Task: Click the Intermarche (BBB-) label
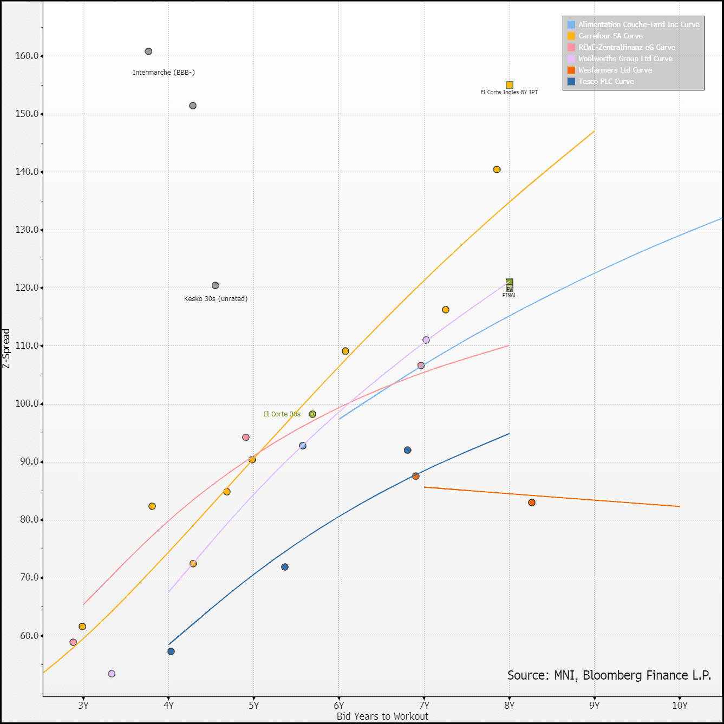coord(164,73)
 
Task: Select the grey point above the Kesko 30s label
coord(216,285)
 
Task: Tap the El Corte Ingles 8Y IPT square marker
coord(510,85)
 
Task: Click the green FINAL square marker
coord(510,282)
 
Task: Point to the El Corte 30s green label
coord(282,414)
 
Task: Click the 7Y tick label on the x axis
coord(424,706)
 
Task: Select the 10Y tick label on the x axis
coord(680,706)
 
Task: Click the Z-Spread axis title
coord(6,349)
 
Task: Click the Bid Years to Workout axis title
coord(382,716)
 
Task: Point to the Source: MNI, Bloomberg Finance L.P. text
coord(609,675)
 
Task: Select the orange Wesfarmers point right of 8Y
coord(532,503)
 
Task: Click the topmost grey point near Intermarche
coord(148,51)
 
